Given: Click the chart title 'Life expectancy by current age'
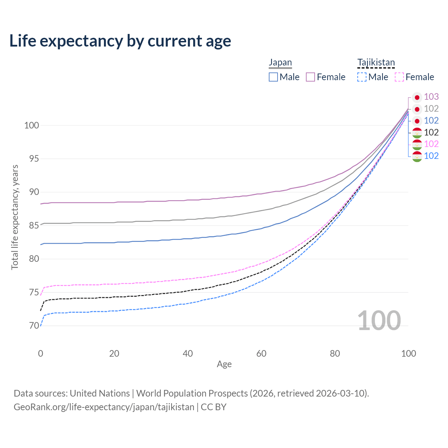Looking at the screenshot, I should click(120, 41).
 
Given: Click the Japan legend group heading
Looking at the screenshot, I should click(280, 62).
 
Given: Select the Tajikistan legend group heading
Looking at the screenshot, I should click(376, 62).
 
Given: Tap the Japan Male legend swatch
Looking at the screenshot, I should click(273, 77).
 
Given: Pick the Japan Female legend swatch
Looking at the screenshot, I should click(310, 77).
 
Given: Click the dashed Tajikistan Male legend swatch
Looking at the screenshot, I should click(362, 77).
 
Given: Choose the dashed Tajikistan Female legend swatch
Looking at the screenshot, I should click(399, 77).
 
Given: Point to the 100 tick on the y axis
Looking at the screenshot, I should click(31, 125).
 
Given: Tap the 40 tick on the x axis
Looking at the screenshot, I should click(188, 353).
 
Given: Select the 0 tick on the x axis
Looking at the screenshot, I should click(41, 353).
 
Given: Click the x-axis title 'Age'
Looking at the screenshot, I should click(224, 364).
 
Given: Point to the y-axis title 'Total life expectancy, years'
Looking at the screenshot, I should click(15, 217).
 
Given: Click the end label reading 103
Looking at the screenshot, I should click(431, 97).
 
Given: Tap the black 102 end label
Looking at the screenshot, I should click(431, 132).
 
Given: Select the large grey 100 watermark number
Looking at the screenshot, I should click(379, 321).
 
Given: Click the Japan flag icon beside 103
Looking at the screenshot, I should click(417, 97).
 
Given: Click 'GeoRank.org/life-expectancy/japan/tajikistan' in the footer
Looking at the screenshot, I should click(104, 407).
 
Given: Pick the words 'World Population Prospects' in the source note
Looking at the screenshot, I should click(192, 393).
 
